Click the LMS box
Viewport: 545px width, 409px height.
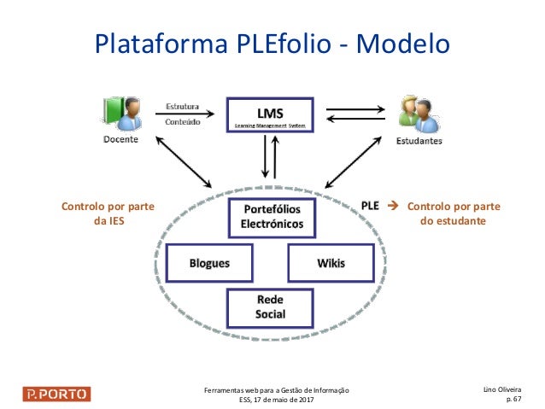tap(271, 114)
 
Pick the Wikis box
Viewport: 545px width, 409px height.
tap(331, 263)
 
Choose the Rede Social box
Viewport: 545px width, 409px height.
tap(271, 307)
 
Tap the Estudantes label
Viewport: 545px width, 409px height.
tap(419, 141)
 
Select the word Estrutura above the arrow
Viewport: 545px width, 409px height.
tap(182, 107)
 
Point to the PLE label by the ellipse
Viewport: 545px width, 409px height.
tap(370, 206)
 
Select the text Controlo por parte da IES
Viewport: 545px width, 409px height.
tap(100, 213)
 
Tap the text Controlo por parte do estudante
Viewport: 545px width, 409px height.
tap(453, 213)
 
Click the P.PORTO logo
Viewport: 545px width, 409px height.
tap(56, 394)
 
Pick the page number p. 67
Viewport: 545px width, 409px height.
tap(513, 399)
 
